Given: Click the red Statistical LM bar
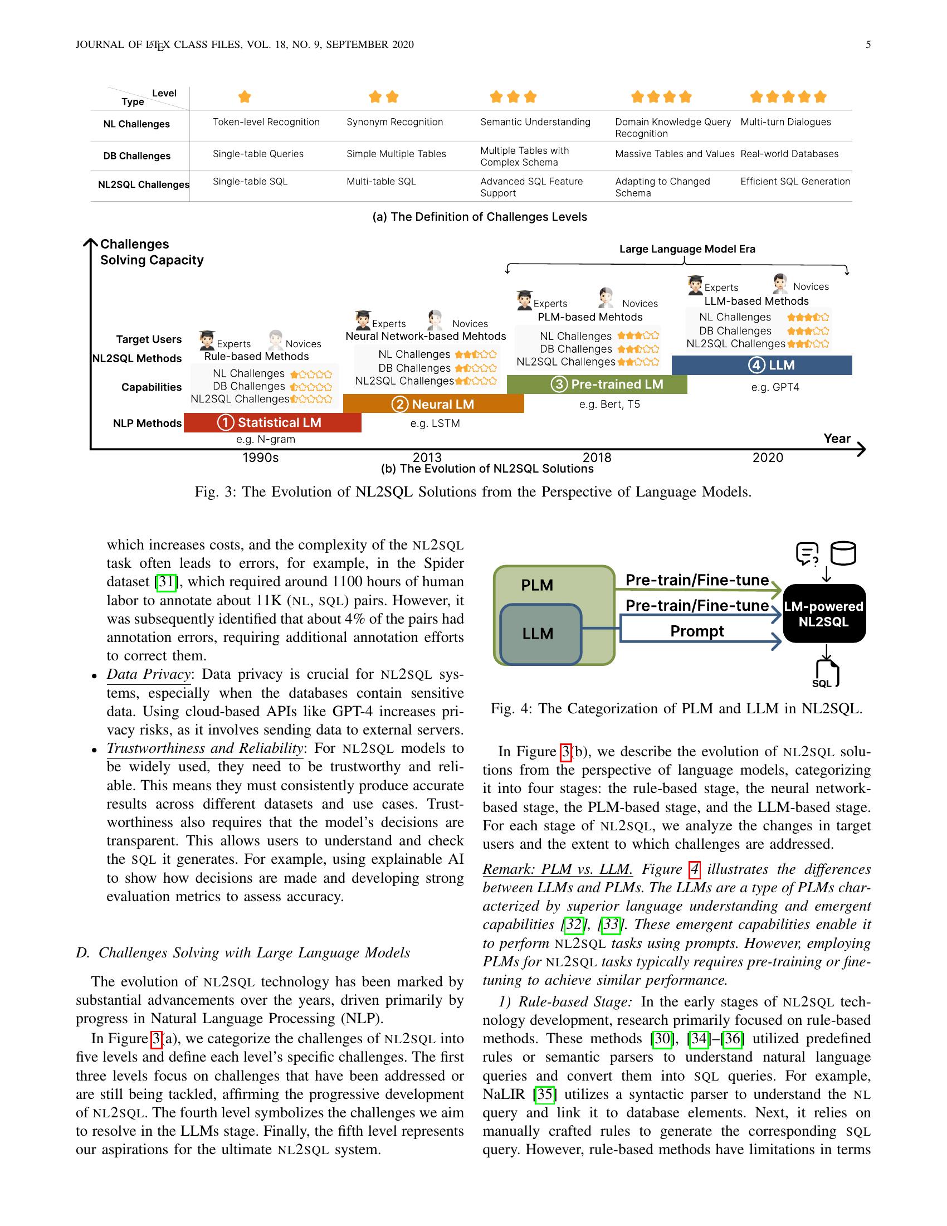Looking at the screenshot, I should (272, 423).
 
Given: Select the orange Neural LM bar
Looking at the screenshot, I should (433, 404).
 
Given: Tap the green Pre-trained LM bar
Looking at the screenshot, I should (597, 385).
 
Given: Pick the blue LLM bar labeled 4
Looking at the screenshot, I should (761, 366).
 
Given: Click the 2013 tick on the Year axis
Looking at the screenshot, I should (427, 457).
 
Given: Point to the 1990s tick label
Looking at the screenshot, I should (260, 458).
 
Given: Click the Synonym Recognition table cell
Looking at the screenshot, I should (394, 122).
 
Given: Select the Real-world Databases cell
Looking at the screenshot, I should (789, 154).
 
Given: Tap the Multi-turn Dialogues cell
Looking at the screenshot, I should (785, 122).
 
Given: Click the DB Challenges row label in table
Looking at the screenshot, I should (136, 156).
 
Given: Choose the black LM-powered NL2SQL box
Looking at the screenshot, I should (823, 614).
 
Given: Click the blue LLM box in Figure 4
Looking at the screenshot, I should (539, 634).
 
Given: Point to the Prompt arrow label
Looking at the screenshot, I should (697, 631).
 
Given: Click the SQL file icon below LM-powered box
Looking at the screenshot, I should (826, 673).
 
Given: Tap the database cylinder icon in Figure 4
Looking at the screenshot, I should (843, 553).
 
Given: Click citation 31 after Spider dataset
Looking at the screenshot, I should (166, 582).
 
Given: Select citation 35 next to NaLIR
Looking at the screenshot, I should (544, 1094).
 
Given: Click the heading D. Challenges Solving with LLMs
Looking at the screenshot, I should (243, 952).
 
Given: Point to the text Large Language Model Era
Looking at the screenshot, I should (687, 249).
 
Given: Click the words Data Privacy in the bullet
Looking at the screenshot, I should (149, 674).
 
